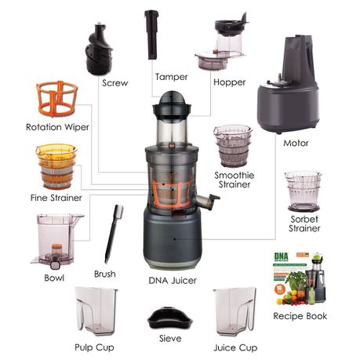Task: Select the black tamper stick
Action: point(151,35)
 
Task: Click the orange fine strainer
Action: point(56,166)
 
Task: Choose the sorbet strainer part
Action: point(304,191)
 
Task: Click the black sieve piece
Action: point(170,318)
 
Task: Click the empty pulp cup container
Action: point(96,311)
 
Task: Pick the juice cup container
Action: point(235,311)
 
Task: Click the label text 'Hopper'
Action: point(229,82)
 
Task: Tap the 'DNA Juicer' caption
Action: point(173,281)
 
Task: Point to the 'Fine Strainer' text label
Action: point(56,198)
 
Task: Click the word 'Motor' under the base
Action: point(296,143)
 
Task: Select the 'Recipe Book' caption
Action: point(300,316)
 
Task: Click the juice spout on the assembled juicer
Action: point(208,201)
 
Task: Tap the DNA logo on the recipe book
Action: point(282,256)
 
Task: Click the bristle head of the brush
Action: point(119,212)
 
